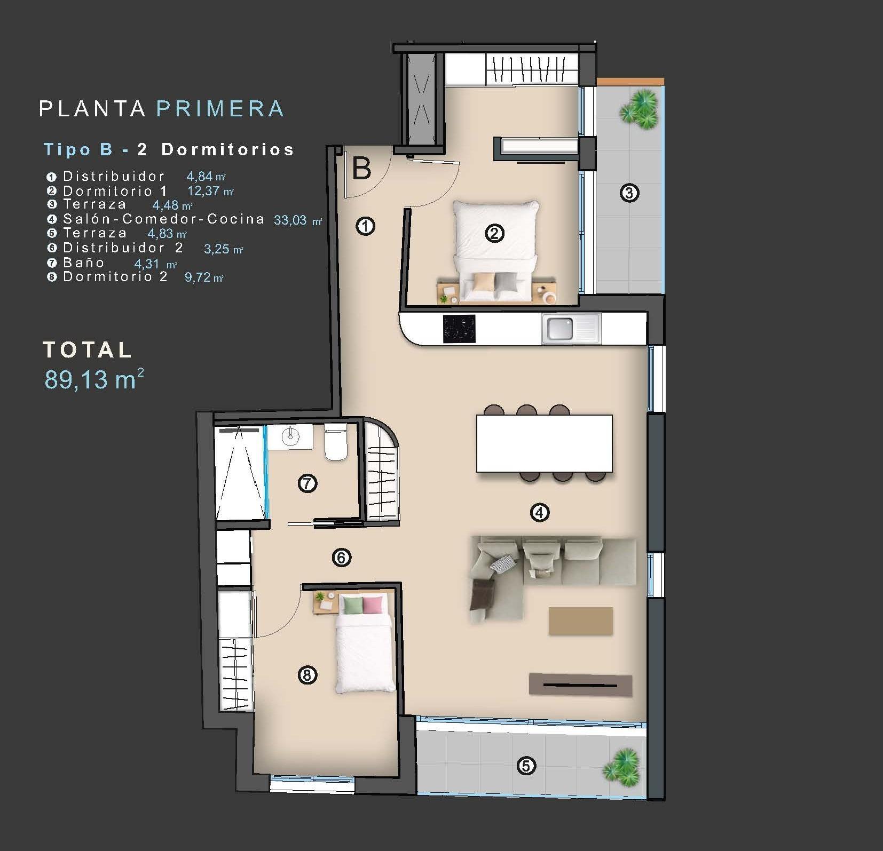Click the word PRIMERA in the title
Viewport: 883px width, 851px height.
click(x=220, y=109)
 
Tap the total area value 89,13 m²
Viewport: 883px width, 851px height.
click(x=94, y=379)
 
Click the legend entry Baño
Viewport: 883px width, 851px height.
click(x=84, y=263)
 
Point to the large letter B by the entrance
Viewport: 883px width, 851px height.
click(x=362, y=169)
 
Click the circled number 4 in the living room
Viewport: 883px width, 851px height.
click(x=539, y=513)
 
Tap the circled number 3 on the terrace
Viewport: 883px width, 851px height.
click(x=629, y=193)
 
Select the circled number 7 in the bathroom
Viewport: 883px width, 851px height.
click(x=307, y=484)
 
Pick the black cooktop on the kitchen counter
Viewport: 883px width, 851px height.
click(x=459, y=329)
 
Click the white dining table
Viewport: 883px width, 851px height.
click(x=544, y=443)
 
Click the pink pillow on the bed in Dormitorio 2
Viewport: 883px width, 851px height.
click(x=373, y=605)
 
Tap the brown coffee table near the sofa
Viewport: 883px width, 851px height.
click(x=580, y=621)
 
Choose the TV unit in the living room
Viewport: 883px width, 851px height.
click(x=580, y=685)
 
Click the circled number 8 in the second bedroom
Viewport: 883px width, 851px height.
click(x=306, y=675)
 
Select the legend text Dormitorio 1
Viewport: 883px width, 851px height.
click(x=115, y=191)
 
